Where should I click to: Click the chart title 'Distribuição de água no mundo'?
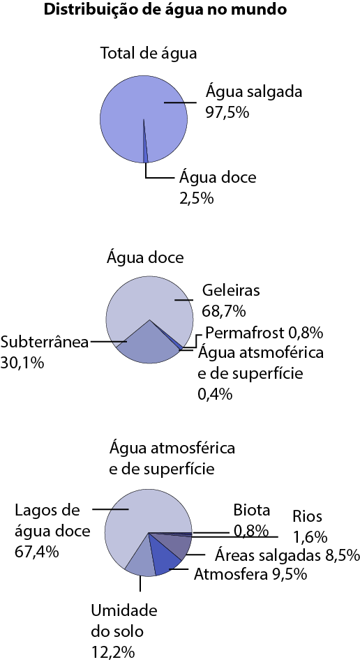point(165,10)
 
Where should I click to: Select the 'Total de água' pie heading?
point(148,54)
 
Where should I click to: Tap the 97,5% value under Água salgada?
point(227,113)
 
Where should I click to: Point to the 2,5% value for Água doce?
point(197,198)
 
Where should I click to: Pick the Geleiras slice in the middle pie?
point(148,300)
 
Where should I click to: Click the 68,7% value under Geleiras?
point(224,312)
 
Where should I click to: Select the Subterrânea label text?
point(45,342)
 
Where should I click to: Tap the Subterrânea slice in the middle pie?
point(148,346)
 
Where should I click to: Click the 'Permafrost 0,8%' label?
point(264,333)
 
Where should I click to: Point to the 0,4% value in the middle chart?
point(215,394)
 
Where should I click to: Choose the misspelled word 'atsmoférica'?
point(284,352)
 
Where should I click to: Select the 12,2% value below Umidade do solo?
point(113,653)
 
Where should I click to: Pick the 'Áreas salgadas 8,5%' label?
point(287,555)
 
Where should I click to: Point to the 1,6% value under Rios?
point(310,537)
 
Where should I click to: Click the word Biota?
point(252,510)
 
